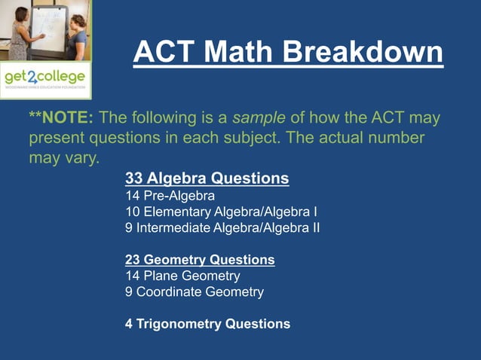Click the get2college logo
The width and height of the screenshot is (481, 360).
point(44,78)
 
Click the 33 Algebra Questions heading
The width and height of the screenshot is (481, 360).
point(207,178)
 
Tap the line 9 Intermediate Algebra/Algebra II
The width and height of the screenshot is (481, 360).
point(222,227)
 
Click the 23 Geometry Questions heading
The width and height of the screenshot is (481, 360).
point(200,260)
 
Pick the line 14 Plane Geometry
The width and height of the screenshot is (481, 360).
point(182,276)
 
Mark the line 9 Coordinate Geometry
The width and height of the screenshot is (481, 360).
point(194,291)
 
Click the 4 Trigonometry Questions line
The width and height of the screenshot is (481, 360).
point(207,324)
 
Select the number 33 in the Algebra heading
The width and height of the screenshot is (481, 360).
point(134,178)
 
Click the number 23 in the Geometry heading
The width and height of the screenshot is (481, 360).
point(133,260)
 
